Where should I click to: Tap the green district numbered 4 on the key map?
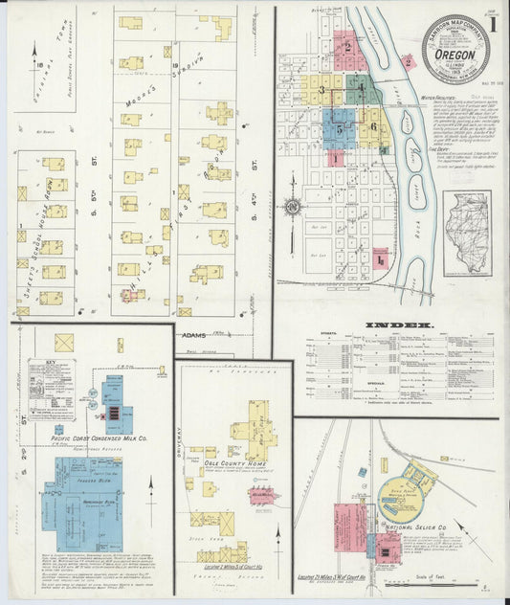coord(360,91)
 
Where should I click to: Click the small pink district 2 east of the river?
coord(410,62)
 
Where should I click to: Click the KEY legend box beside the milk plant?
coord(51,376)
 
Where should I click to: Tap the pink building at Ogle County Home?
coord(260,494)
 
